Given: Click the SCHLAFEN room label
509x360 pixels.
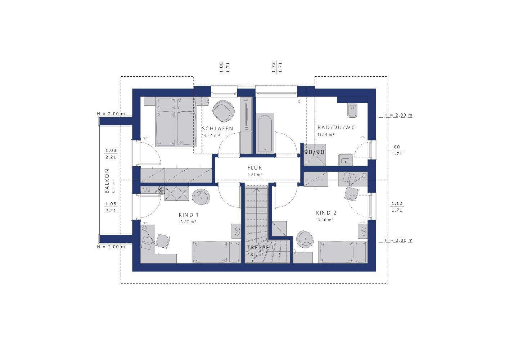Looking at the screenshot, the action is point(217,129).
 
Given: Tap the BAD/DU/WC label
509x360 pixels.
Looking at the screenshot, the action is point(336,127).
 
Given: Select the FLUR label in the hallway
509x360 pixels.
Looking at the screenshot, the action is point(255,168).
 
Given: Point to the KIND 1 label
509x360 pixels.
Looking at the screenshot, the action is point(189,215).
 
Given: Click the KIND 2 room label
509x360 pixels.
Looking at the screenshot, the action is point(326,213).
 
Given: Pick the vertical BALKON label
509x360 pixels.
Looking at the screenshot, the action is point(107,181).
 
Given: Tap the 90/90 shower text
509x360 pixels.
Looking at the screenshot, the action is point(314,152).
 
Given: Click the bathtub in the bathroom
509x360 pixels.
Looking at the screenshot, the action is point(265,133).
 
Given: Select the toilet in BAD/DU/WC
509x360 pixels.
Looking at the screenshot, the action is point(352,111).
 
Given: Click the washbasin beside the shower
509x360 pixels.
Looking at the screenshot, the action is point(346,159).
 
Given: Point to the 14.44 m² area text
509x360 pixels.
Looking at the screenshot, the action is point(211,135).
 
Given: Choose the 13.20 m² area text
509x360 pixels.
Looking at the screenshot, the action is point(325,220).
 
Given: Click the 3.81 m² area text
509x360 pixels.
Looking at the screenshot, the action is point(255,175).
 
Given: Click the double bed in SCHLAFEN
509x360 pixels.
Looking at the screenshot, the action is point(176,122).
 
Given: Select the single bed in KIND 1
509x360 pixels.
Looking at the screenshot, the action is point(216,252).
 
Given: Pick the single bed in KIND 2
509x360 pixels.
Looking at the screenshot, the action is point(343,252).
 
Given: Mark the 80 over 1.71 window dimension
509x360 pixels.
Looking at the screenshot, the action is point(397,150).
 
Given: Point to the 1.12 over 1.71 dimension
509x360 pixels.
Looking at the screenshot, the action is point(397,207).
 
